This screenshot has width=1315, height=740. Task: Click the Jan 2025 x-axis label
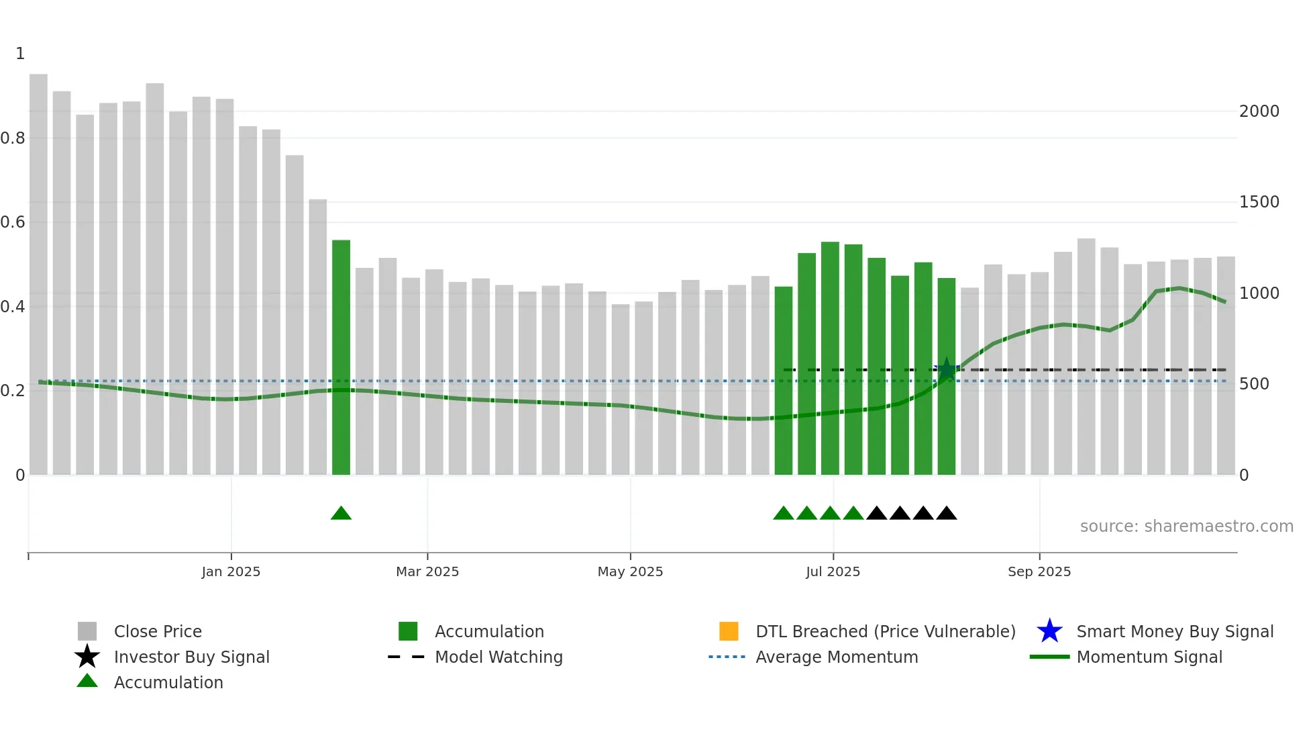(x=231, y=571)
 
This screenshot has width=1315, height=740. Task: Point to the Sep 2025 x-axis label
(x=1039, y=571)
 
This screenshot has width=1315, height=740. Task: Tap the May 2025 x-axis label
(x=630, y=571)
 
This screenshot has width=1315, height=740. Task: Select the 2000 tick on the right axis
(x=1259, y=111)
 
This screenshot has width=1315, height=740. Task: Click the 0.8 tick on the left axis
(x=13, y=138)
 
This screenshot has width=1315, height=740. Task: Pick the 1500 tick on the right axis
(x=1259, y=202)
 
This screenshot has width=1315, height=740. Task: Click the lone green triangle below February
(x=341, y=514)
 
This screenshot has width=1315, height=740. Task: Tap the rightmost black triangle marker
(x=946, y=514)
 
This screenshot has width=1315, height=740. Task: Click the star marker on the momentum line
(x=946, y=369)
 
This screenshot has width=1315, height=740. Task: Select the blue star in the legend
(x=1049, y=631)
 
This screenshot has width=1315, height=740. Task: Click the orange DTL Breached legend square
(x=729, y=631)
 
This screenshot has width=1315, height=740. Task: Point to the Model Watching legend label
(x=498, y=657)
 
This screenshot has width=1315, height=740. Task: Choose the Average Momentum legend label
(x=836, y=657)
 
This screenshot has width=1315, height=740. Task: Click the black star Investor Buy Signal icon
(x=87, y=657)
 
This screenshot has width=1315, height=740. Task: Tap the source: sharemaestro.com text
(x=1186, y=526)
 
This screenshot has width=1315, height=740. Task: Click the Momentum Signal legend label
(x=1149, y=657)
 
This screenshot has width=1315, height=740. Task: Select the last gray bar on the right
(x=1225, y=366)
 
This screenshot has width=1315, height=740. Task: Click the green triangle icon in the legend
(x=87, y=681)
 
